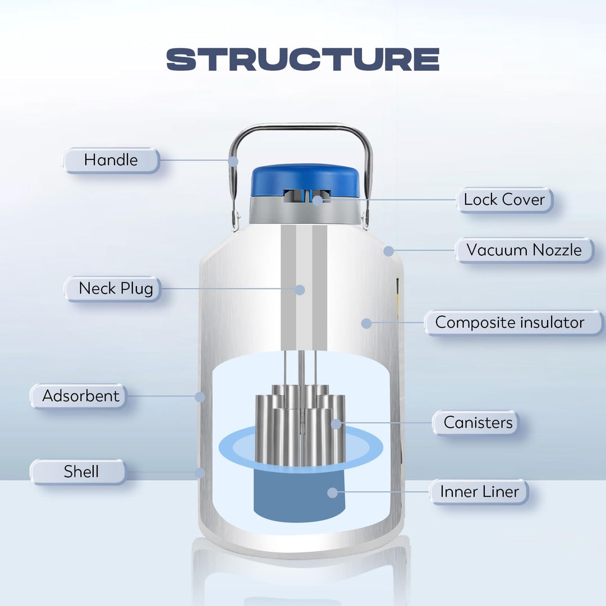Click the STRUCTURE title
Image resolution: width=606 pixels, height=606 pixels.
point(303,59)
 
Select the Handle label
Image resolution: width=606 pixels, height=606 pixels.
point(111,160)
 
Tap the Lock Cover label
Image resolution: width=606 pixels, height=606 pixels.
point(504,200)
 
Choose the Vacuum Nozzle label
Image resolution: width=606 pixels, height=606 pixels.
point(524,250)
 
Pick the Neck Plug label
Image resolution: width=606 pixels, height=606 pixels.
point(116,288)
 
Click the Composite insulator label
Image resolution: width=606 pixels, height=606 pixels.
point(509,323)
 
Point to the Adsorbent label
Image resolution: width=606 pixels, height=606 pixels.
point(81,396)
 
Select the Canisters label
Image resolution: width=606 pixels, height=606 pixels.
point(478,423)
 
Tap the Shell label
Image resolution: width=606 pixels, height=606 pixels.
point(81,472)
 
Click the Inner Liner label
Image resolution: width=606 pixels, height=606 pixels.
point(479,492)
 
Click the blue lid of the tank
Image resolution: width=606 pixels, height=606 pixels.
point(304,178)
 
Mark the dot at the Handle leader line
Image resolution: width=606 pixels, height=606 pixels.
point(233,160)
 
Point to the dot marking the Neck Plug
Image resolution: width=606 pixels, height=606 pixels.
point(300,290)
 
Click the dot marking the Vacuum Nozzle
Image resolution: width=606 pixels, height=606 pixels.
point(388,251)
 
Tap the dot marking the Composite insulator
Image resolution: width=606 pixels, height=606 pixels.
point(366,323)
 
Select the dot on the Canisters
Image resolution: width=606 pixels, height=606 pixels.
point(336,424)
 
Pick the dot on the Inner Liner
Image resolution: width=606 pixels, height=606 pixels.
point(333,493)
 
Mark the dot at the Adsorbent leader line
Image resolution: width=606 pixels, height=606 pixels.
point(200,397)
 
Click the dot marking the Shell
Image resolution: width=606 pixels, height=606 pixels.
point(200,472)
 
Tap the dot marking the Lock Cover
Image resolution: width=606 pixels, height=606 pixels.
point(318,200)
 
